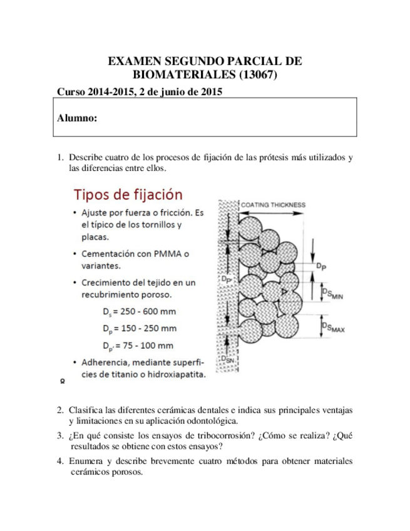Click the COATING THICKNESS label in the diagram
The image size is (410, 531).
[273, 204]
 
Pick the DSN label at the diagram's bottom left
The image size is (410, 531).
[230, 359]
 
